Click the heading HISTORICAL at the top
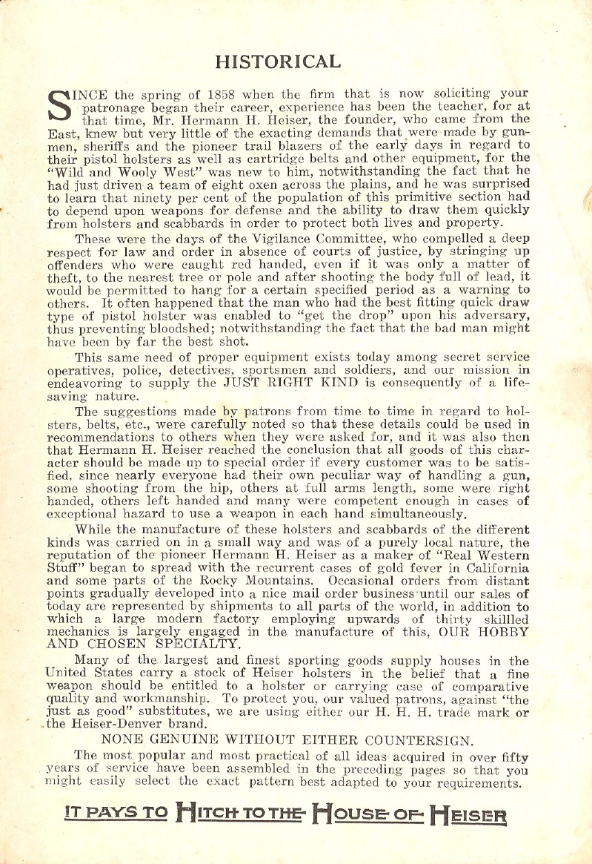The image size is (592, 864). point(277,60)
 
